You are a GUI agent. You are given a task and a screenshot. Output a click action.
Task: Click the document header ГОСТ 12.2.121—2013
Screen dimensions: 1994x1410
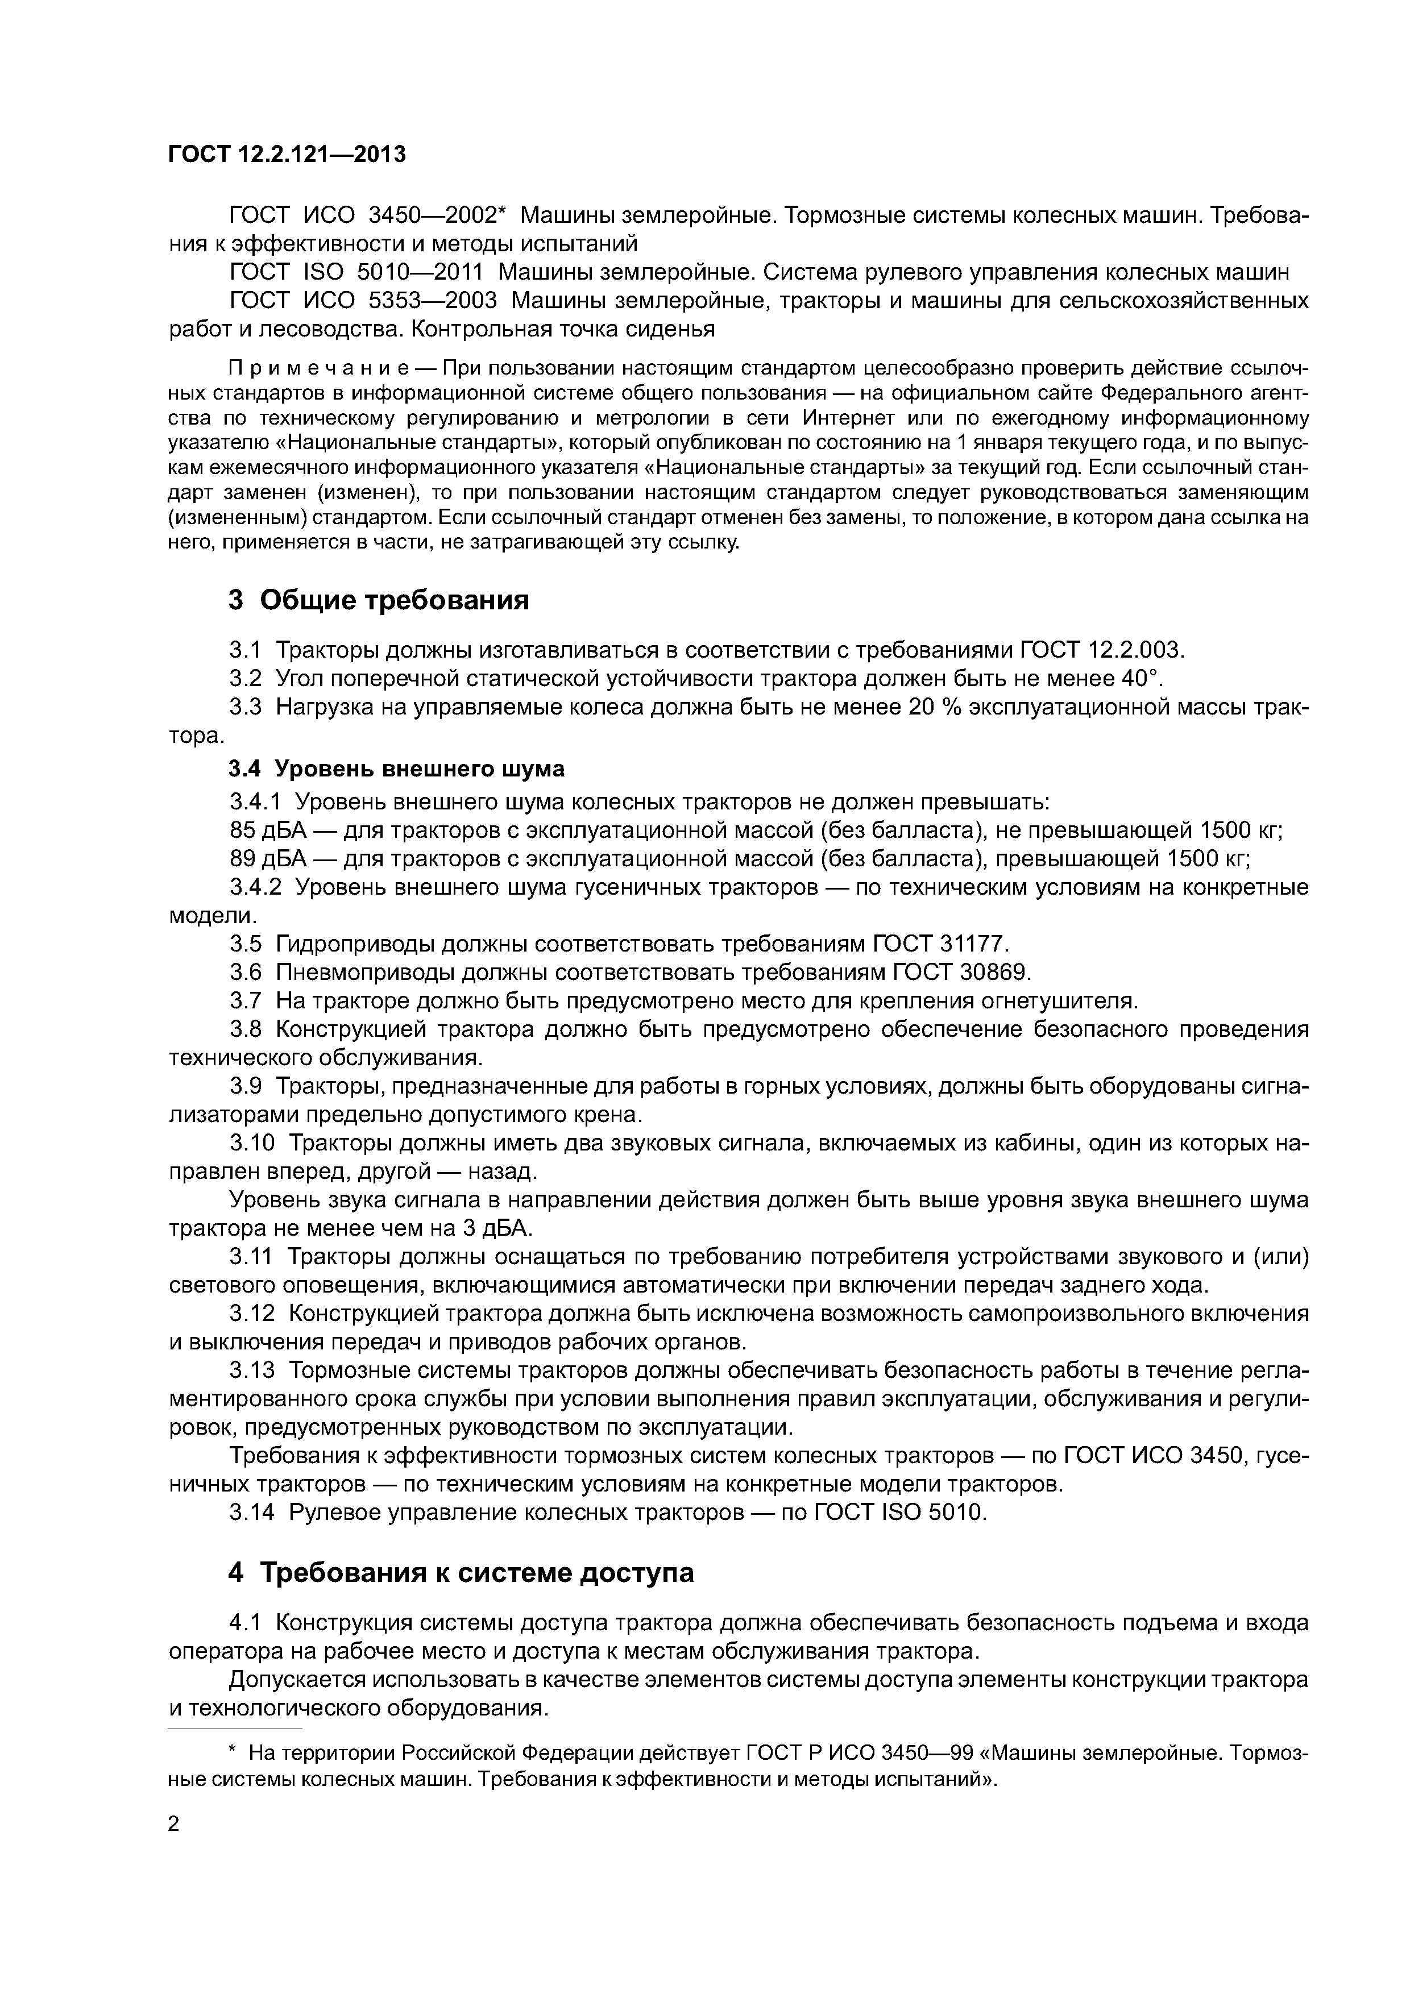[287, 155]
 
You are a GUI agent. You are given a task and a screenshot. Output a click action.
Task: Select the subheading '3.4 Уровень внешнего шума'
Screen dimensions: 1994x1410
[396, 768]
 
